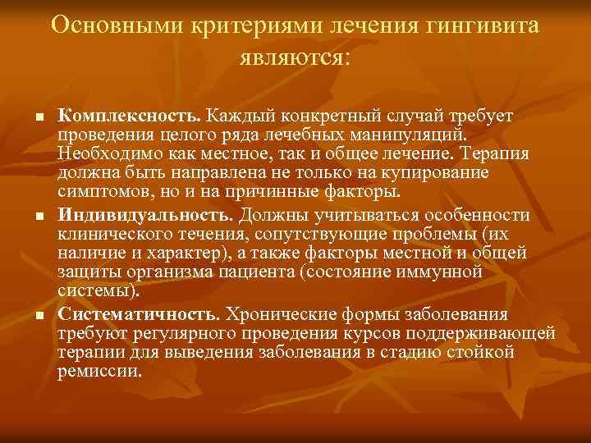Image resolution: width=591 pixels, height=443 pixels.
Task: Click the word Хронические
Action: pos(276,315)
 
